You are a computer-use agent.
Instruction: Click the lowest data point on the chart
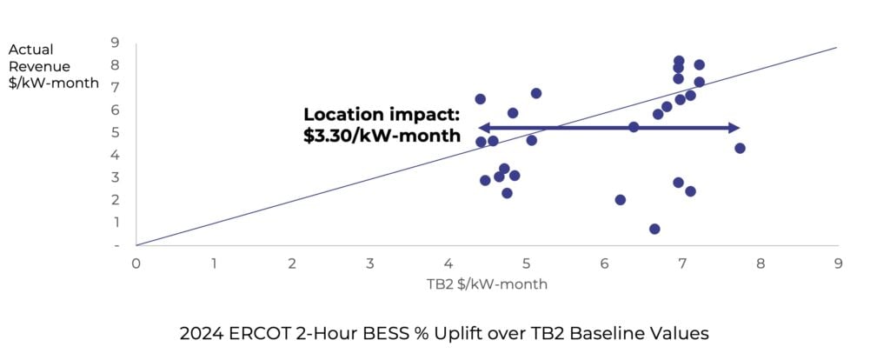pyautogui.click(x=654, y=229)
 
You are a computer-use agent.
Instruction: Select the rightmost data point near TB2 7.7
pyautogui.click(x=740, y=148)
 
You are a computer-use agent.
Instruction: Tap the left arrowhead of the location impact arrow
pyautogui.click(x=483, y=128)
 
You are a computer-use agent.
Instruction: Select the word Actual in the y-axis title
pyautogui.click(x=30, y=50)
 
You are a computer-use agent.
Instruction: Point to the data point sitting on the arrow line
pyautogui.click(x=634, y=127)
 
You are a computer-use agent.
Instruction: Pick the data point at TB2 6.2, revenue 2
pyautogui.click(x=620, y=199)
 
